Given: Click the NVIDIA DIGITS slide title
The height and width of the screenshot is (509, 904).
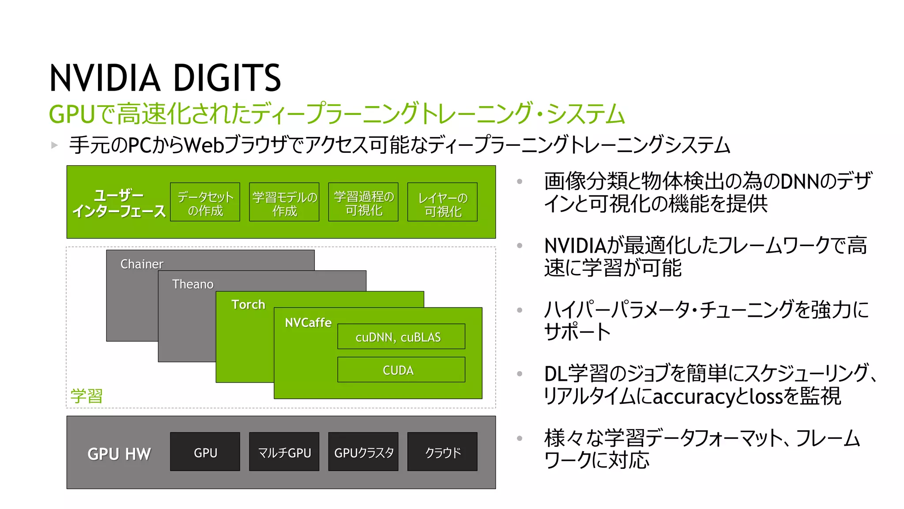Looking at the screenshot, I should pyautogui.click(x=165, y=78).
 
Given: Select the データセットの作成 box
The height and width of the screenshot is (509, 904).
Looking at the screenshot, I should pyautogui.click(x=205, y=202).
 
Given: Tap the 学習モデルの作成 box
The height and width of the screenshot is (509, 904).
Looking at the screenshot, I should pyautogui.click(x=284, y=202).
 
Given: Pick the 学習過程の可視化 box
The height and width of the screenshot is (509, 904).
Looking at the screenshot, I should pyautogui.click(x=363, y=202).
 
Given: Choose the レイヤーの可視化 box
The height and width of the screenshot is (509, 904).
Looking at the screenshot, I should pyautogui.click(x=442, y=202).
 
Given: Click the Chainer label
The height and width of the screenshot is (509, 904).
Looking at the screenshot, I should pyautogui.click(x=142, y=264).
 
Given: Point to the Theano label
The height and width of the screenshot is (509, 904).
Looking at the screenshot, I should pyautogui.click(x=193, y=284).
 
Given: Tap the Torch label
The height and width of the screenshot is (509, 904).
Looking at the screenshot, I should pyautogui.click(x=248, y=304).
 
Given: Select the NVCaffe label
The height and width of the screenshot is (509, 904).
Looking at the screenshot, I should pyautogui.click(x=308, y=323).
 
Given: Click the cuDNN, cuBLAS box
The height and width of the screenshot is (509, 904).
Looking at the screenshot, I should pyautogui.click(x=401, y=337).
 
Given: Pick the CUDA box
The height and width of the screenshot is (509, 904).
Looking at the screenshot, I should pyautogui.click(x=401, y=370).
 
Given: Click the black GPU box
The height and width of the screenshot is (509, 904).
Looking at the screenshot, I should pyautogui.click(x=205, y=452).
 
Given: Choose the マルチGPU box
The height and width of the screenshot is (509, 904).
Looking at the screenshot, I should pyautogui.click(x=284, y=452).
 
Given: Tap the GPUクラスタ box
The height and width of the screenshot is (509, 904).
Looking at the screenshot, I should pyautogui.click(x=363, y=452).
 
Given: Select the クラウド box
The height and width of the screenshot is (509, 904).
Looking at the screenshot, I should pyautogui.click(x=442, y=452).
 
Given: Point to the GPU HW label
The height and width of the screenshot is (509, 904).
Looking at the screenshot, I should pyautogui.click(x=119, y=454).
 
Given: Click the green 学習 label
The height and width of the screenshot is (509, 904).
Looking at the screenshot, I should pyautogui.click(x=87, y=395).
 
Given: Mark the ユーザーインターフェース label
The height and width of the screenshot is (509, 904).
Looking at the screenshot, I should pyautogui.click(x=119, y=203).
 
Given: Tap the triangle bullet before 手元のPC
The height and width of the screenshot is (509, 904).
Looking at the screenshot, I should pyautogui.click(x=55, y=145).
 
